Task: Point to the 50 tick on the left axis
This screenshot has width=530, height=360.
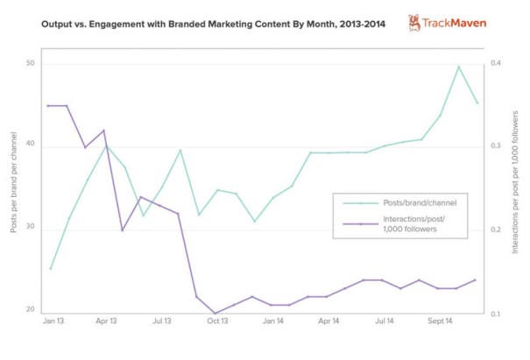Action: click(x=31, y=64)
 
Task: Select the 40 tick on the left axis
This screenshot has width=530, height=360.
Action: click(x=31, y=145)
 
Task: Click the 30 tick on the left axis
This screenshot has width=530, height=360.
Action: click(x=31, y=229)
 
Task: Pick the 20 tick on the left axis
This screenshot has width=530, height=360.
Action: click(x=31, y=310)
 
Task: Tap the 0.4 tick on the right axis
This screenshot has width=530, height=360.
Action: click(x=495, y=64)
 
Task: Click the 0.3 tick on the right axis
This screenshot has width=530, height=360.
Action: click(x=495, y=146)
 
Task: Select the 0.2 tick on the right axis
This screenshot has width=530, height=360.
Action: click(x=495, y=229)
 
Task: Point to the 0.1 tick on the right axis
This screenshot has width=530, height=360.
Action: click(x=495, y=313)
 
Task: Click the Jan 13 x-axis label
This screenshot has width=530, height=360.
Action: click(x=53, y=322)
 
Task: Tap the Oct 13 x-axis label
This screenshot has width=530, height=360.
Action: click(x=216, y=322)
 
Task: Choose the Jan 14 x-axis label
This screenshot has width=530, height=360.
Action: click(x=272, y=322)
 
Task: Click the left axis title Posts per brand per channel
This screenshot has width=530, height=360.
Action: click(x=13, y=182)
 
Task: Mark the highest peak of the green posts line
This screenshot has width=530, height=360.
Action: click(x=458, y=67)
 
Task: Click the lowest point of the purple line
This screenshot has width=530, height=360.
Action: click(x=216, y=313)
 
